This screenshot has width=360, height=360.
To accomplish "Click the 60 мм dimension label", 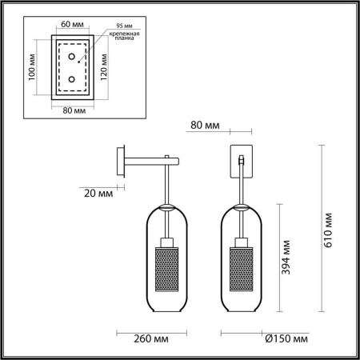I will click(73, 25).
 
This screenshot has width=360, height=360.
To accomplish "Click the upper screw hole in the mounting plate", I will click(73, 56).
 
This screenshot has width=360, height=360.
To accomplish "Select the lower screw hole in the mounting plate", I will click(73, 80).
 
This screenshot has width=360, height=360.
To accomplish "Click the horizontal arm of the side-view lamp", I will click(148, 160).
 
